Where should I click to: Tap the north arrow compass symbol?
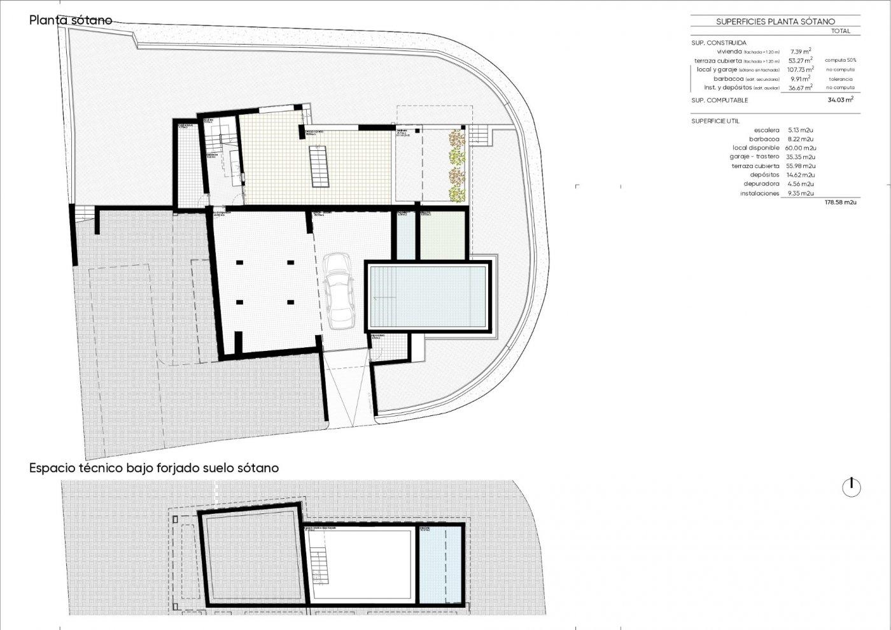click(851, 487)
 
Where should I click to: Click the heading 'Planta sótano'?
click(70, 20)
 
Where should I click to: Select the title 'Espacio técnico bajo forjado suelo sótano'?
click(154, 468)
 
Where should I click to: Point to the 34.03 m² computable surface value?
click(840, 100)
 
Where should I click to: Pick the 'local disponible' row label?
click(755, 148)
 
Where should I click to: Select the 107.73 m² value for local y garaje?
click(801, 69)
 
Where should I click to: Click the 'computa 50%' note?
click(840, 61)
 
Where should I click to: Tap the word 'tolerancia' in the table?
click(840, 79)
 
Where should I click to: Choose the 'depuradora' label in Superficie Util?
click(761, 183)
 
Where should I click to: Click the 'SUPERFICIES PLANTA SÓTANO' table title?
click(775, 22)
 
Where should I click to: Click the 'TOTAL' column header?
click(840, 31)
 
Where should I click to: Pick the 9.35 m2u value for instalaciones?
click(801, 193)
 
